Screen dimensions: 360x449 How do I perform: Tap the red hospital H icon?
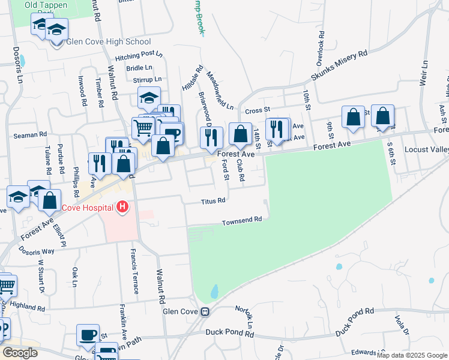click(x=123, y=208)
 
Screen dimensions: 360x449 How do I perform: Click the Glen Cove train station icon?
click(x=205, y=311)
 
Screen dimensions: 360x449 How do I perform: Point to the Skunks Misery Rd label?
click(x=339, y=66)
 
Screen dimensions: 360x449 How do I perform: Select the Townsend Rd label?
click(x=243, y=220)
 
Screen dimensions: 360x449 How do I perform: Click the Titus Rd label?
click(x=213, y=200)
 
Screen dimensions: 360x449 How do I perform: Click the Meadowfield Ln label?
click(x=220, y=91)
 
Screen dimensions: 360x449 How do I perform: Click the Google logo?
click(x=20, y=353)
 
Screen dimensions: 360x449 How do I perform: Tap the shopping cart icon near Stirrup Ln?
click(x=143, y=127)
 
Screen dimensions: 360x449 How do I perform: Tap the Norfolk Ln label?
click(x=246, y=316)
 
